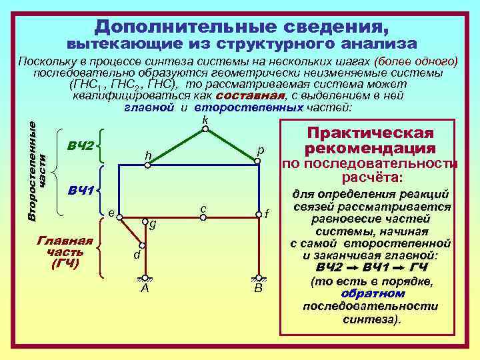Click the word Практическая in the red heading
pyautogui.click(x=369, y=133)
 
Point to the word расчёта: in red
pyautogui.click(x=371, y=178)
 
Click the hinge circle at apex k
pyautogui.click(x=205, y=129)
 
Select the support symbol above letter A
pyautogui.click(x=145, y=278)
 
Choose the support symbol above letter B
pyautogui.click(x=259, y=278)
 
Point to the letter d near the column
pyautogui.click(x=136, y=255)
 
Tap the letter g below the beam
pyautogui.click(x=153, y=225)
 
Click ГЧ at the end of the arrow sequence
pyautogui.click(x=419, y=267)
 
